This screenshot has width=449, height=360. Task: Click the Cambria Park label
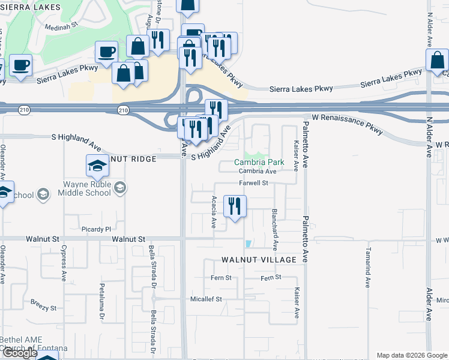(x=259, y=162)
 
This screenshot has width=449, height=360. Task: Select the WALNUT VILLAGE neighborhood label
(x=259, y=260)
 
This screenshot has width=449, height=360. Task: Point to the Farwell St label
(x=253, y=183)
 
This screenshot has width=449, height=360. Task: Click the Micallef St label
(x=206, y=299)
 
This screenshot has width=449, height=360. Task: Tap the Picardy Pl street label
(x=97, y=229)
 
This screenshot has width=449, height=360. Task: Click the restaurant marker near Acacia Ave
(x=235, y=206)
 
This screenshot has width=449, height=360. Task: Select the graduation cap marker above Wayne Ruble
(x=97, y=166)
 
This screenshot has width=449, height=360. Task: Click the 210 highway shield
(x=123, y=110)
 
